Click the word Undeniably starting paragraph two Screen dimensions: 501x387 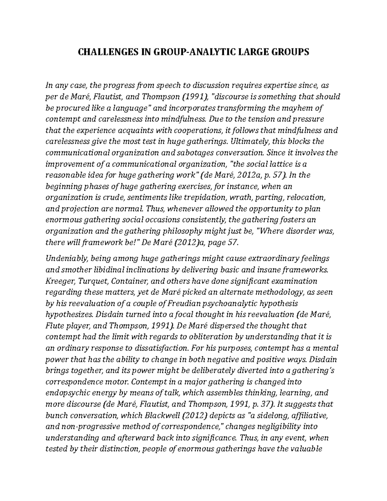pos(66,258)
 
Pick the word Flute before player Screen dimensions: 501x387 pos(54,326)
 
